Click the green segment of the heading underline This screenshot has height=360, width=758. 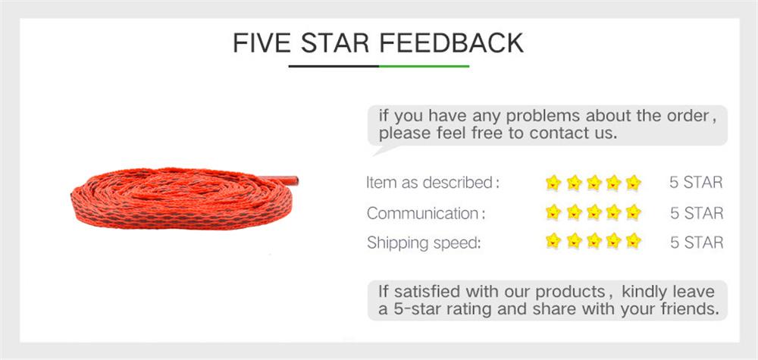pyautogui.click(x=424, y=66)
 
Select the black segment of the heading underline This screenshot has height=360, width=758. pyautogui.click(x=334, y=66)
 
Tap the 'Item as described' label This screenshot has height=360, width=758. pyautogui.click(x=432, y=183)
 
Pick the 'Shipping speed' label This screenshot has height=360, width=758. pyautogui.click(x=424, y=243)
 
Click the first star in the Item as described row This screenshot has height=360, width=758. pyautogui.click(x=553, y=183)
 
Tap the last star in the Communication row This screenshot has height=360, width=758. pyautogui.click(x=634, y=212)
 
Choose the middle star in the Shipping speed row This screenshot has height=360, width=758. pyautogui.click(x=594, y=243)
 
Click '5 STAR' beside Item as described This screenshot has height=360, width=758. pyautogui.click(x=697, y=183)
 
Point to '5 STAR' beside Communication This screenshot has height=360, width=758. pyautogui.click(x=697, y=213)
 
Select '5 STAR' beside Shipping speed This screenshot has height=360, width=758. pyautogui.click(x=697, y=243)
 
